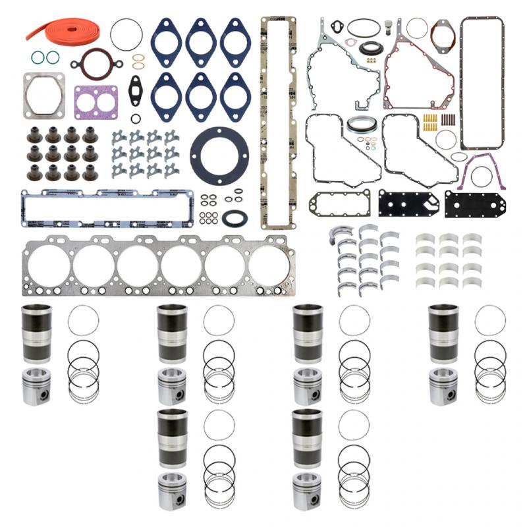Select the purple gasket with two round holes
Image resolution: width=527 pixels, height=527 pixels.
(96, 102)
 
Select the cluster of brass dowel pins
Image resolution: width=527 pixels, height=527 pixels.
(430, 123)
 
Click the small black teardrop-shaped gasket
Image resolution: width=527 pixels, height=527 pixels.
(136, 86)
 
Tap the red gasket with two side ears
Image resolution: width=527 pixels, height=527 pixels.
(101, 63)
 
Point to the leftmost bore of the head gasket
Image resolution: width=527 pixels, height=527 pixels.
(48, 267)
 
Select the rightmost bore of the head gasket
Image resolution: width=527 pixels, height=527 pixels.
(269, 267)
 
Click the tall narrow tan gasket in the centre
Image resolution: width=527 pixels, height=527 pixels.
(277, 122)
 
